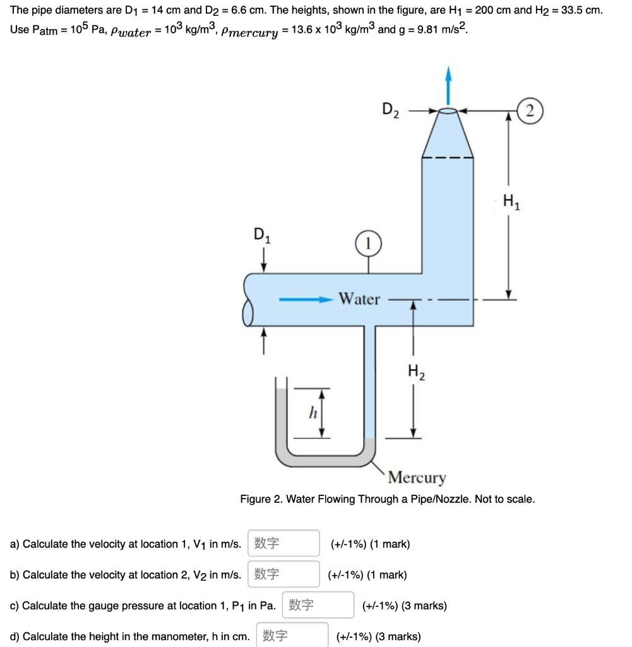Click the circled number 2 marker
coord(530,112)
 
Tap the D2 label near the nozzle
coord(391,110)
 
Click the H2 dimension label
coord(415,372)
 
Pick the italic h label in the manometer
coord(311,413)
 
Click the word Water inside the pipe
coord(359,299)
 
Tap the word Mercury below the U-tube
coord(417,477)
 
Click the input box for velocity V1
coord(283,543)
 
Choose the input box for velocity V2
coord(283,574)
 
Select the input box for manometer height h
coord(292,636)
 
